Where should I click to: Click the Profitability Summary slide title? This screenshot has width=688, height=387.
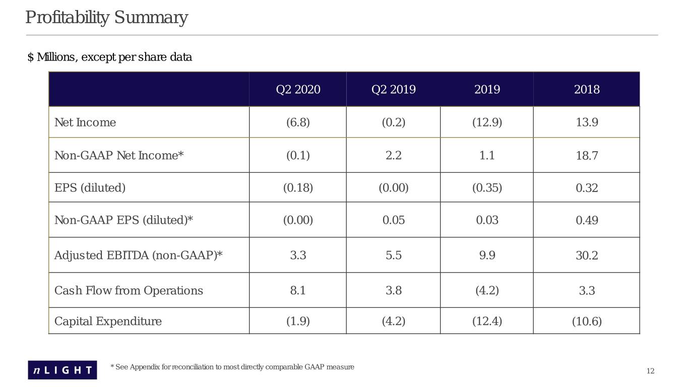point(106,18)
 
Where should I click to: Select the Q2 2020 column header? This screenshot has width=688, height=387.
point(298,89)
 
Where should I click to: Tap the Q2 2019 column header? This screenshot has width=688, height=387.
point(394,89)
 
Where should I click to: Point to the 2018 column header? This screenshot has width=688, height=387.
point(587,89)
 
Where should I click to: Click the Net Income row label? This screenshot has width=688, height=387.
point(85,122)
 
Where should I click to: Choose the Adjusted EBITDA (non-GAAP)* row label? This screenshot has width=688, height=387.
point(138,255)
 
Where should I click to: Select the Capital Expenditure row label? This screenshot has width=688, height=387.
point(108,321)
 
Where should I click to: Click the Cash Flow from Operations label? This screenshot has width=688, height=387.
point(129,291)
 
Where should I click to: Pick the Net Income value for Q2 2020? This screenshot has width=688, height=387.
point(298,122)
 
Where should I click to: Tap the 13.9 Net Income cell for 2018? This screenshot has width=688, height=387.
point(587,122)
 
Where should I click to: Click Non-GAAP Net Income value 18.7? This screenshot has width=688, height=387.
point(587,155)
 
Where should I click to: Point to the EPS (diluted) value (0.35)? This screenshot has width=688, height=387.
point(487,187)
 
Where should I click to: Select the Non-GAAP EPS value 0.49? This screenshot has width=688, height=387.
point(587,220)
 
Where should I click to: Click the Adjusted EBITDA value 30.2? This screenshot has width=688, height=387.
point(587,255)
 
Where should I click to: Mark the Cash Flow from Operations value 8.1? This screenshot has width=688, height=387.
point(298,291)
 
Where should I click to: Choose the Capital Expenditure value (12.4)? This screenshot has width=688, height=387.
point(487,321)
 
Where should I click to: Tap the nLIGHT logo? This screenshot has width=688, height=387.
point(62,370)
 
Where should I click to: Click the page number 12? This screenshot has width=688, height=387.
point(650,371)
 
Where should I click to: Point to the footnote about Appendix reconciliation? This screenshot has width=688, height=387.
point(232,367)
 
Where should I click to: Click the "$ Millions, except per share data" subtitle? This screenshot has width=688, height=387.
point(110,57)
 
